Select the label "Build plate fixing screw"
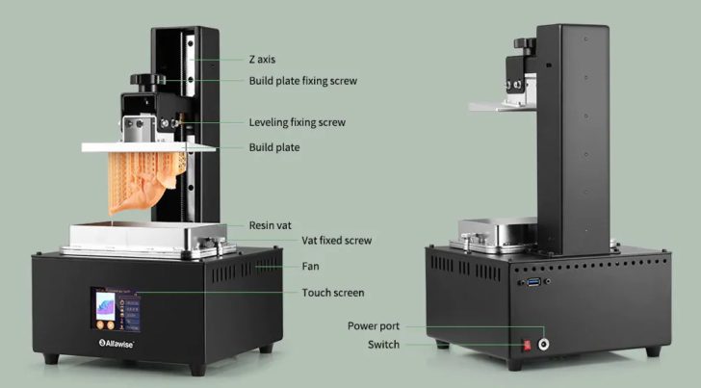(x=302, y=81)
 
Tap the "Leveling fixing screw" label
(x=297, y=123)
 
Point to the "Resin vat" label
(x=272, y=224)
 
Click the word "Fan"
(x=310, y=266)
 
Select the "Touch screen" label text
(x=332, y=293)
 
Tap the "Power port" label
(x=374, y=325)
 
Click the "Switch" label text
(x=382, y=345)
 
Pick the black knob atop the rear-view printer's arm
(x=526, y=44)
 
